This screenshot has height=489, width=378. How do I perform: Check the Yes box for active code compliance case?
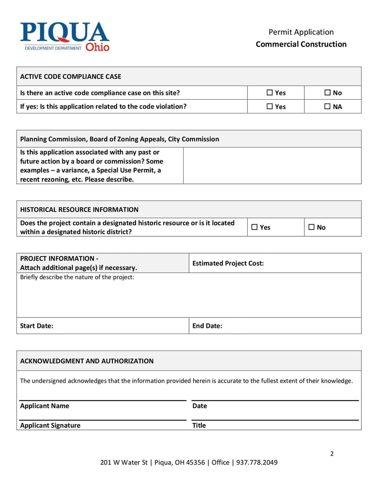click(270, 93)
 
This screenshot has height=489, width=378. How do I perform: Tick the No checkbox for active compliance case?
click(327, 93)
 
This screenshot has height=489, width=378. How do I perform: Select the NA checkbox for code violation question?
click(327, 106)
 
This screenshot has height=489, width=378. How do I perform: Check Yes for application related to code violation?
click(270, 106)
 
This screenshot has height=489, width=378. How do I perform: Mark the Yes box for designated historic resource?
click(255, 227)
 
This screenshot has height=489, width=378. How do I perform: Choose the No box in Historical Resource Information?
click(311, 227)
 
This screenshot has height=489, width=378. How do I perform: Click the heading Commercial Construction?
click(301, 44)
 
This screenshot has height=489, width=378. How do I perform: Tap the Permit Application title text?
click(301, 32)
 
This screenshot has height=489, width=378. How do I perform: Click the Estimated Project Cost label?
click(228, 263)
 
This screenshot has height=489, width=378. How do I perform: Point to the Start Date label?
click(36, 326)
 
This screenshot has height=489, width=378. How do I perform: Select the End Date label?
click(207, 326)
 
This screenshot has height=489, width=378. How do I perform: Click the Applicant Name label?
click(44, 406)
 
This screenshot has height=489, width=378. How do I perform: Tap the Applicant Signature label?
click(50, 425)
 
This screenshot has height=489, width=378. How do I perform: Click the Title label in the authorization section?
click(199, 425)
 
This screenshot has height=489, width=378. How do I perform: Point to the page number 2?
click(332, 454)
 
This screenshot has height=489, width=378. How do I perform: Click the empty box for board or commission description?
click(272, 165)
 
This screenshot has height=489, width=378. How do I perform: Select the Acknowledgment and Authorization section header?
click(86, 361)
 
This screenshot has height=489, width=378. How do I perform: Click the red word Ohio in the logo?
click(97, 47)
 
